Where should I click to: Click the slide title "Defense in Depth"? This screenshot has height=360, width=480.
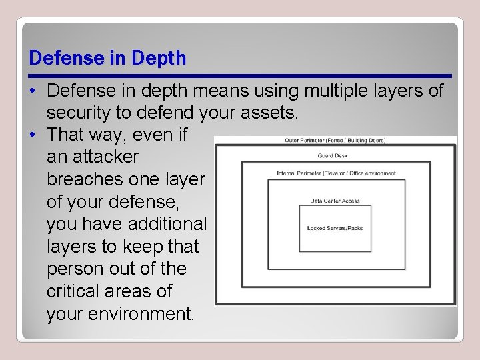point(107,58)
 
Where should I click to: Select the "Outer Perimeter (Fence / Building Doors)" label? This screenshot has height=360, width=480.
point(335,140)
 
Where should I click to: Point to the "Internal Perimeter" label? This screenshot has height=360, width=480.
point(336,173)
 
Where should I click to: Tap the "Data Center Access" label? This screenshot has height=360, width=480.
point(335,201)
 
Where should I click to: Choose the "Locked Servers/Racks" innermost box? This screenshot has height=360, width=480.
point(335,228)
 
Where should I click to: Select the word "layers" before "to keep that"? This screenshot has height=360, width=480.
point(71,247)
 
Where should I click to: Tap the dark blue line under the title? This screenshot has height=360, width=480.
point(240,75)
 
